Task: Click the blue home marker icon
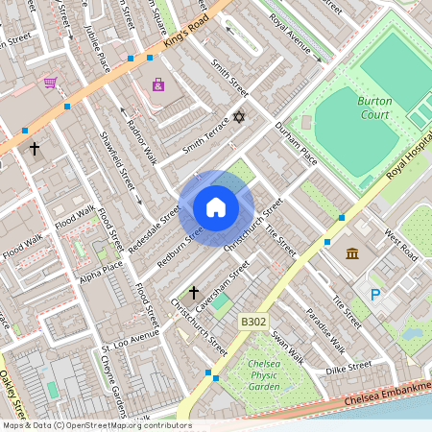(216, 207)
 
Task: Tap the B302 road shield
(252, 323)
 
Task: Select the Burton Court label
(374, 107)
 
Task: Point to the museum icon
(352, 253)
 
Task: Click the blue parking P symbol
(375, 295)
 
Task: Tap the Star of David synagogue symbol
(240, 117)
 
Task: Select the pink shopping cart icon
(50, 84)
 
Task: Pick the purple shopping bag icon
(158, 85)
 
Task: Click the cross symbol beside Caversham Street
(193, 292)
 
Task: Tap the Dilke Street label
(348, 367)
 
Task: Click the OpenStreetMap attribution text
(96, 425)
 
